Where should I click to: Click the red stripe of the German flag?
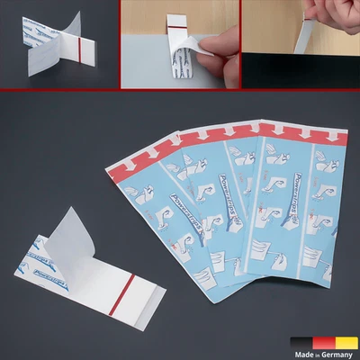[x=325, y=342]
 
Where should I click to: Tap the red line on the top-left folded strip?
[x=82, y=44]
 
